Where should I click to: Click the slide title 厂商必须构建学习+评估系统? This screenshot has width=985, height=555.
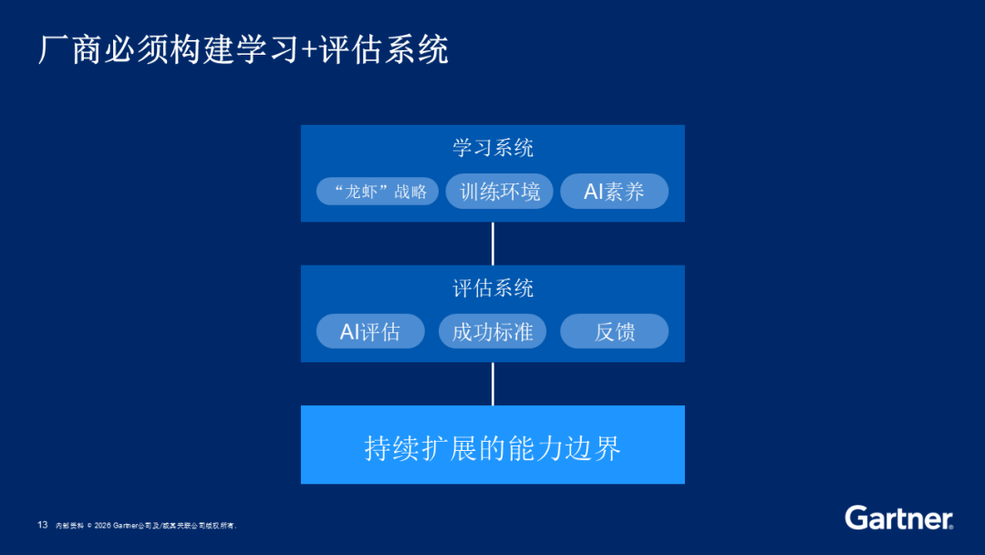pyautogui.click(x=244, y=49)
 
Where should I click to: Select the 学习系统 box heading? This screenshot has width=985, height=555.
pyautogui.click(x=493, y=149)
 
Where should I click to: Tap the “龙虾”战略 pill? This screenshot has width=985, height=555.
pyautogui.click(x=378, y=191)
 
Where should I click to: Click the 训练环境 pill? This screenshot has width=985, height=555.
pyautogui.click(x=500, y=191)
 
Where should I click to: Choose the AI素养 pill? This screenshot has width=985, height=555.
pyautogui.click(x=615, y=191)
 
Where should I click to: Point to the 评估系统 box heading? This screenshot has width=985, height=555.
pyautogui.click(x=493, y=288)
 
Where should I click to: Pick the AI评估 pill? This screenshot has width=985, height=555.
pyautogui.click(x=370, y=331)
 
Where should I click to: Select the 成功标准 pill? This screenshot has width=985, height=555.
pyautogui.click(x=493, y=331)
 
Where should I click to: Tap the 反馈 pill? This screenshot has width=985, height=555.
pyautogui.click(x=615, y=331)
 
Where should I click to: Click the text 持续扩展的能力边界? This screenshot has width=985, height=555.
pyautogui.click(x=493, y=448)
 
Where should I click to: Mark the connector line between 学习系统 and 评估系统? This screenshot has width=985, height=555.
pyautogui.click(x=493, y=243)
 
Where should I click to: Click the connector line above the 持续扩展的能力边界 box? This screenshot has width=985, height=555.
pyautogui.click(x=493, y=383)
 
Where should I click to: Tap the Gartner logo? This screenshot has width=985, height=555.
pyautogui.click(x=899, y=518)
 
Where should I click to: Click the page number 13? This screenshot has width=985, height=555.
pyautogui.click(x=43, y=525)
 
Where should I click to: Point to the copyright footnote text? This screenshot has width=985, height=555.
pyautogui.click(x=146, y=526)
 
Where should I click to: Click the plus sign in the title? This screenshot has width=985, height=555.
pyautogui.click(x=309, y=50)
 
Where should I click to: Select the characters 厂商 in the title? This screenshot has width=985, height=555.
pyautogui.click(x=69, y=49)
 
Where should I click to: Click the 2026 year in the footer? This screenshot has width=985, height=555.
pyautogui.click(x=102, y=526)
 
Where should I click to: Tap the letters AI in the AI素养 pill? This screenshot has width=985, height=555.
pyautogui.click(x=594, y=191)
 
